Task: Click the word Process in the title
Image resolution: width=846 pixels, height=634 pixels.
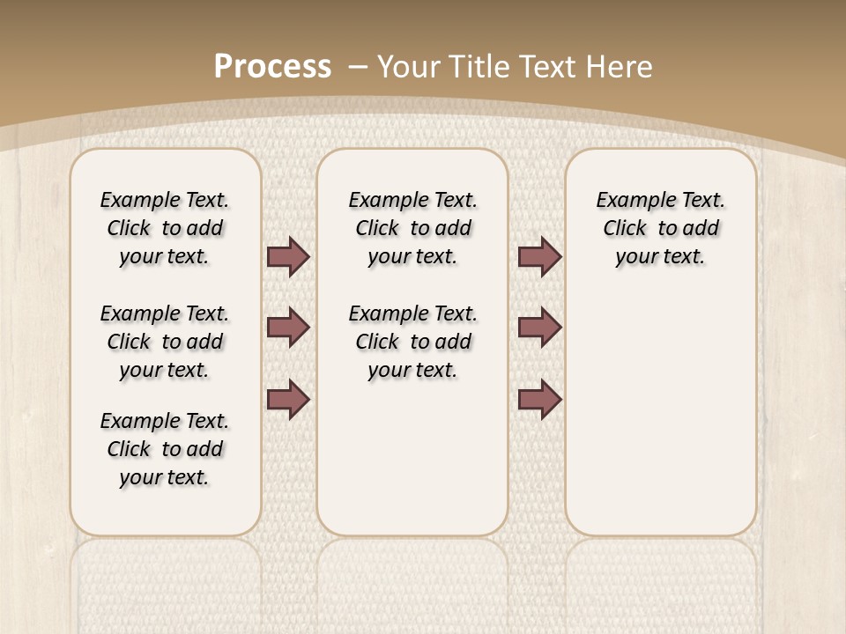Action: pos(272,66)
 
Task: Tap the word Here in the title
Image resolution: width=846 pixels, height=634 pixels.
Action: pos(620,67)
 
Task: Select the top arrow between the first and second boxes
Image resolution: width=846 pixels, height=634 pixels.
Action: pos(287,256)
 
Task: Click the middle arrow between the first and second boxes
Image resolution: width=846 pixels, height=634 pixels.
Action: pos(287,328)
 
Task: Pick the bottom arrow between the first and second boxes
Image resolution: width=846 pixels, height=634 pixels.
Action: pos(287,400)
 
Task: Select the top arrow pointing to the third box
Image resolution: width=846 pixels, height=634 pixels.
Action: pos(539,256)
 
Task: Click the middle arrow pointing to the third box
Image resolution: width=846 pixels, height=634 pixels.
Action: pos(539,328)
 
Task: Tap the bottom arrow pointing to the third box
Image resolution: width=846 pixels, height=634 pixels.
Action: pos(539,400)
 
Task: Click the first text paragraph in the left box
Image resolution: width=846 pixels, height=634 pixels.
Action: pos(165,228)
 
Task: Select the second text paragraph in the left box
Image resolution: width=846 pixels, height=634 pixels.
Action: pos(165,342)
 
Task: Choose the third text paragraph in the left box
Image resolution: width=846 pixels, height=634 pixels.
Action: pos(165,449)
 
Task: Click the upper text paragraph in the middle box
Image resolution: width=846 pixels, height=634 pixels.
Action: pos(412,228)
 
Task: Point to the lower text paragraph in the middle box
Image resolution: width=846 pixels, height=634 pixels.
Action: pos(412,342)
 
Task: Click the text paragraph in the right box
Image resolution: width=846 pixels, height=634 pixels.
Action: pos(660,228)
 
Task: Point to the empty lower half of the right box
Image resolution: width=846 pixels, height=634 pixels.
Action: pos(660,423)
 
